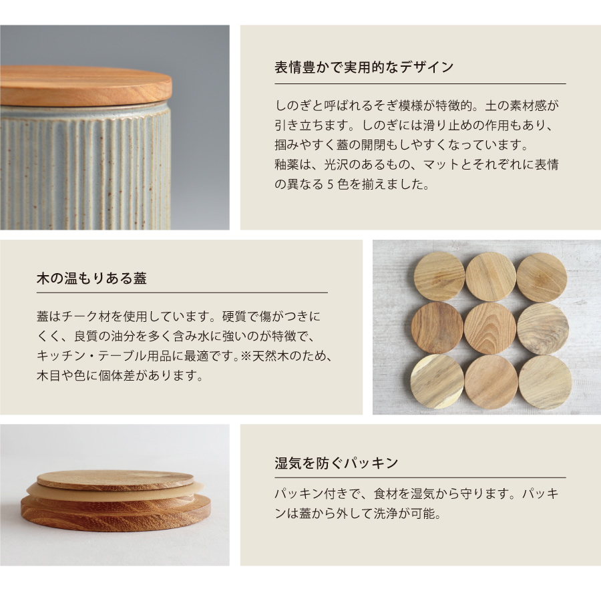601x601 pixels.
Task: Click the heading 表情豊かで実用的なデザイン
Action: tap(364, 67)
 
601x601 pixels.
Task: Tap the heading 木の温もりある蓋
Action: tap(91, 278)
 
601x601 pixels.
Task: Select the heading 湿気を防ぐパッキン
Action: tap(337, 463)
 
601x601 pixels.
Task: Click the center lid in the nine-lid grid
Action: tap(489, 328)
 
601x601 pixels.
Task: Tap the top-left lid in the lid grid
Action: tap(439, 276)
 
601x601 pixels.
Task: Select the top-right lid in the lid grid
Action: tap(541, 276)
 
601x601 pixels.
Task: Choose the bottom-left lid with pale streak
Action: tap(437, 381)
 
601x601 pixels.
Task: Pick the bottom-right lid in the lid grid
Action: tap(544, 381)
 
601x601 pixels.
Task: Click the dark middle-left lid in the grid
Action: tap(437, 328)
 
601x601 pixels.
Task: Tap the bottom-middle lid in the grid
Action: tap(491, 381)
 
